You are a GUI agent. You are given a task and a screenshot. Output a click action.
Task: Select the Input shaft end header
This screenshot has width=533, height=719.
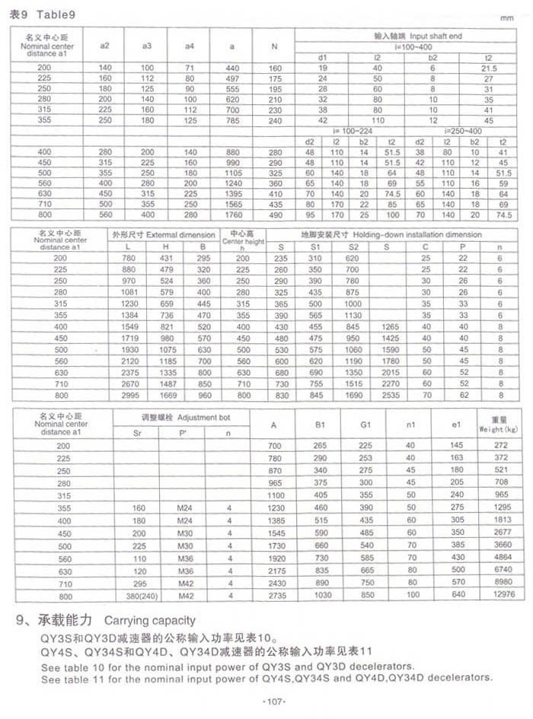[418, 36]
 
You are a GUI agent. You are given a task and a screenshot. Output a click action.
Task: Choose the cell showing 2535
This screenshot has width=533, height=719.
[391, 396]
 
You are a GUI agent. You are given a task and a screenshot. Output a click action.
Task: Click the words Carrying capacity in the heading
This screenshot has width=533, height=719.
[149, 620]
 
